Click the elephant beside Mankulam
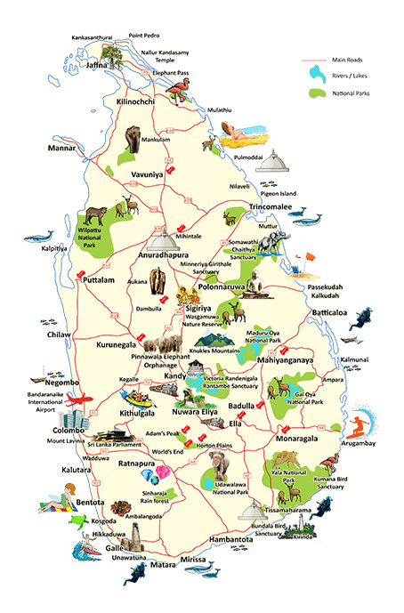click(x=133, y=137)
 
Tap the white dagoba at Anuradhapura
click(x=162, y=238)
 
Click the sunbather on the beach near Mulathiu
click(x=237, y=135)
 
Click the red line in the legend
click(x=314, y=60)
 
